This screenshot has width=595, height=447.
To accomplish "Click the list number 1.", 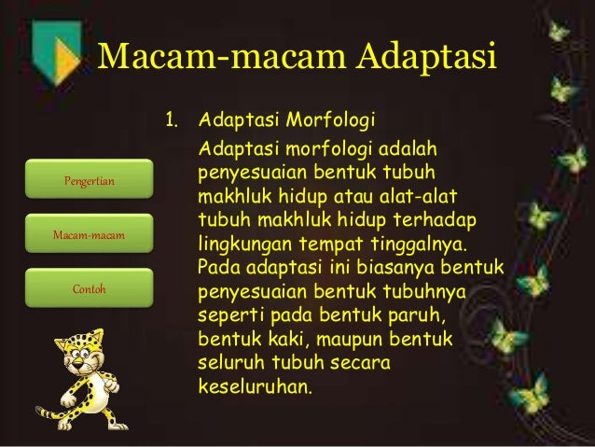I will (171, 123).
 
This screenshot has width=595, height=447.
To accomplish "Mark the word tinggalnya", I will (423, 246).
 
